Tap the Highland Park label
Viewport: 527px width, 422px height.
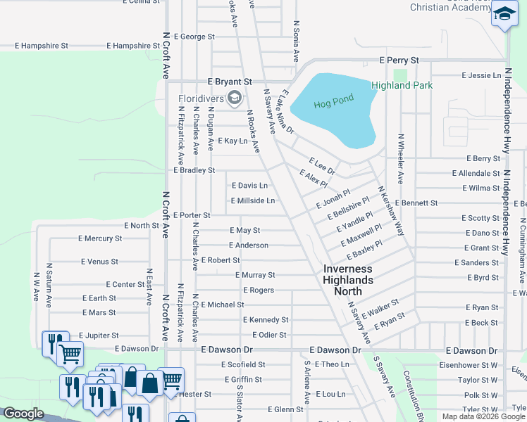pyautogui.click(x=402, y=86)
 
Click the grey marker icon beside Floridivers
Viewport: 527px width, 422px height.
pyautogui.click(x=235, y=97)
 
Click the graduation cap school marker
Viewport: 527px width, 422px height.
pyautogui.click(x=504, y=15)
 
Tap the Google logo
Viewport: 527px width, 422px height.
pyautogui.click(x=24, y=414)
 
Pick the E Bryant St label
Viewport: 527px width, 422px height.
pyautogui.click(x=230, y=82)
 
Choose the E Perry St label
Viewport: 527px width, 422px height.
pyautogui.click(x=399, y=60)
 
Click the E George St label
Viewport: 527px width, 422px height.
pyautogui.click(x=194, y=37)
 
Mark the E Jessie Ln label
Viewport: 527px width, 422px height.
pyautogui.click(x=481, y=75)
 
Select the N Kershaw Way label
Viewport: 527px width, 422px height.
pyautogui.click(x=390, y=210)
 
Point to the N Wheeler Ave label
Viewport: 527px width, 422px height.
pyautogui.click(x=400, y=159)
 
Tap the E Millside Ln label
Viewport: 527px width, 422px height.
pyautogui.click(x=253, y=200)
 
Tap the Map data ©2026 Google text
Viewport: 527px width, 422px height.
pyautogui.click(x=483, y=416)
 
